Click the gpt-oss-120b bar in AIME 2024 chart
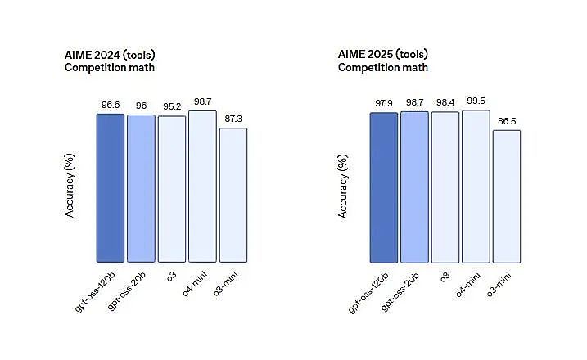click(x=111, y=188)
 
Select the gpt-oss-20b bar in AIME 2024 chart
click(x=141, y=189)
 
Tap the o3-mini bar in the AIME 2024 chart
click(x=233, y=196)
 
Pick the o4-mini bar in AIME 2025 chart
click(x=476, y=187)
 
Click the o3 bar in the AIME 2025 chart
click(x=445, y=187)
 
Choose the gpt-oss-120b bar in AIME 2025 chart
click(x=384, y=188)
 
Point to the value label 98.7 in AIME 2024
click(x=202, y=101)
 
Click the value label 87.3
click(x=233, y=119)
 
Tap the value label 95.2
click(x=172, y=106)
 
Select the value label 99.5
click(x=476, y=101)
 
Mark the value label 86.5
click(x=507, y=121)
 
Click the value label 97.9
click(x=384, y=103)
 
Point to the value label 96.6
click(x=111, y=105)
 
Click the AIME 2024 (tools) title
click(x=110, y=55)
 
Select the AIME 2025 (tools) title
click(x=383, y=54)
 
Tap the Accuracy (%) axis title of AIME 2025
click(x=343, y=187)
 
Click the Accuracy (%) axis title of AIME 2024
click(x=70, y=185)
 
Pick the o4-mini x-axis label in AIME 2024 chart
click(x=194, y=285)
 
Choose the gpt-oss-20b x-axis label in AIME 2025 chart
click(x=400, y=292)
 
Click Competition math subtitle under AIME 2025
click(x=383, y=67)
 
